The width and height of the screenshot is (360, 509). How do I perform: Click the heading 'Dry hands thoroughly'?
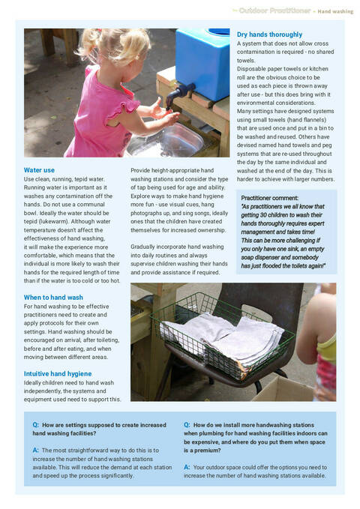click(269, 34)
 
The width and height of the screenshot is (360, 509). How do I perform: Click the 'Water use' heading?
click(39, 170)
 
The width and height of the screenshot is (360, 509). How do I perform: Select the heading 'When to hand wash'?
click(53, 297)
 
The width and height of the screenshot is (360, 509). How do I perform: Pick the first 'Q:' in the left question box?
click(35, 424)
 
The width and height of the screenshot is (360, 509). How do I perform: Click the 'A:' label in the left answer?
click(35, 450)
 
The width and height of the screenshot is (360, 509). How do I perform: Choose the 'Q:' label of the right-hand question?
click(187, 424)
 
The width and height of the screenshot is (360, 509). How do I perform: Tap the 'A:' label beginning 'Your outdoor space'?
click(187, 466)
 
